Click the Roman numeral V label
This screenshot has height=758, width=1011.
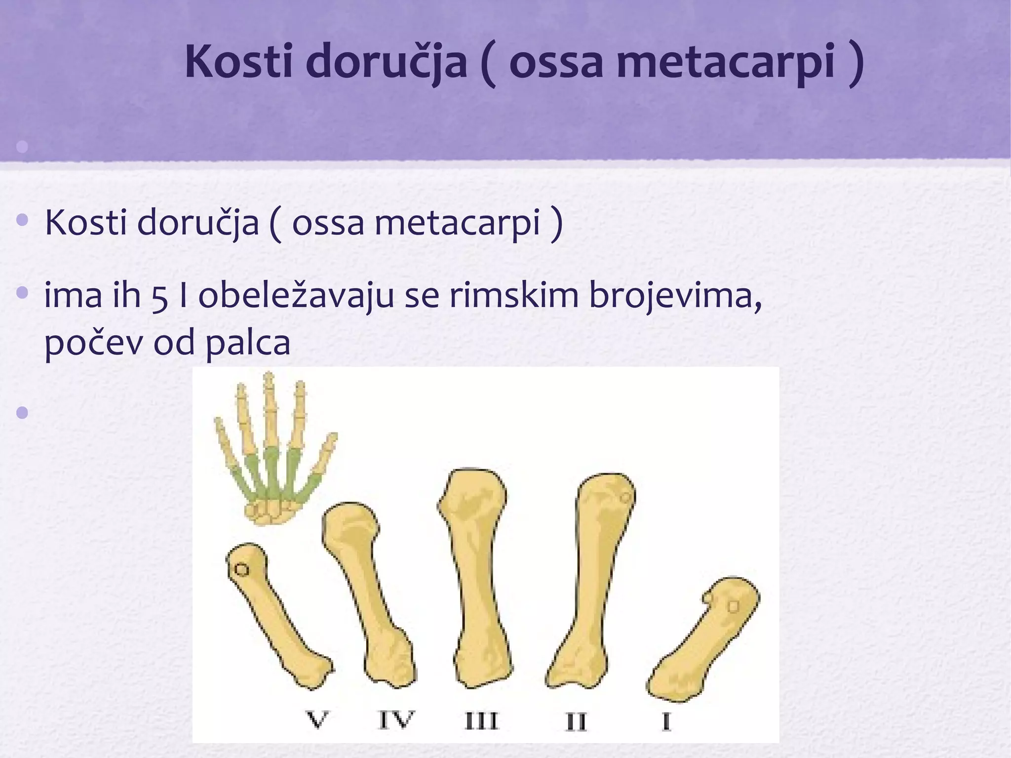[x=316, y=720]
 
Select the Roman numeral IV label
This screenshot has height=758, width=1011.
[x=396, y=720]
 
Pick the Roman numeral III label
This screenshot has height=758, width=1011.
[x=481, y=721]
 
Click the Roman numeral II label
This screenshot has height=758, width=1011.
[x=576, y=722]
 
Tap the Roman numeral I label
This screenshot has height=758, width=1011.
[x=666, y=722]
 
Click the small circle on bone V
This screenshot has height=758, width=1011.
[x=241, y=570]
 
